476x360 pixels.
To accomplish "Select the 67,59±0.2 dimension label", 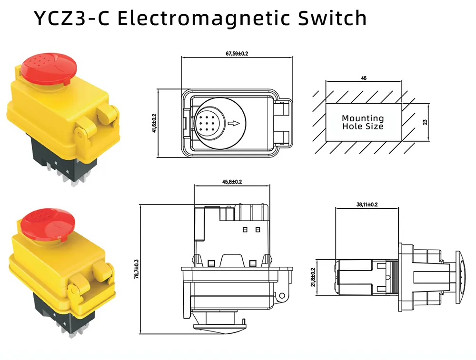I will click(237, 54).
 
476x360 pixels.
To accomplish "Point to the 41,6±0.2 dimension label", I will click(154, 123).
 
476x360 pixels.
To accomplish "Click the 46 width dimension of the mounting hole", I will click(364, 78).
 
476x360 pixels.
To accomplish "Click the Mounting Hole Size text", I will click(363, 122).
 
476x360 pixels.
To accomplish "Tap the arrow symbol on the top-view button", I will click(234, 124).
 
